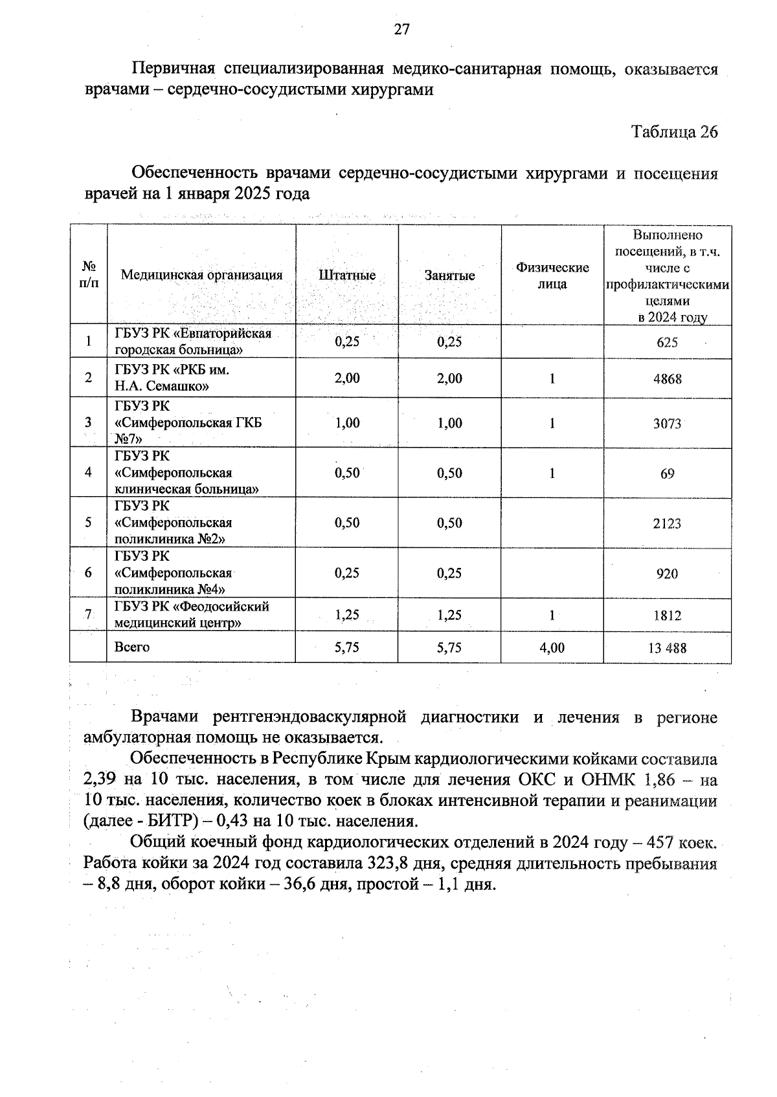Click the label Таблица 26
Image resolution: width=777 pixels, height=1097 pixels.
(674, 132)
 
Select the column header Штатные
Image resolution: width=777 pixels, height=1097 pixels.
(347, 275)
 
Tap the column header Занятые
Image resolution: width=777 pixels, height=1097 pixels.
(449, 275)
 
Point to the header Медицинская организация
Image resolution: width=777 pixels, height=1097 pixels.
(201, 275)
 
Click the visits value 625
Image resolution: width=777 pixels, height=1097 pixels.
(667, 342)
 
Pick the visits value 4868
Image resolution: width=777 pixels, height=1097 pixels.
(667, 378)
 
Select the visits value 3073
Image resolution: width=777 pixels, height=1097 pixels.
(667, 424)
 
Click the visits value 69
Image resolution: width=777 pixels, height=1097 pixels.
(667, 473)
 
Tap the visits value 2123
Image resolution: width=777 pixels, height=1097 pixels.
(667, 523)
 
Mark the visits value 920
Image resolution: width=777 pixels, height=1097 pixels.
(667, 573)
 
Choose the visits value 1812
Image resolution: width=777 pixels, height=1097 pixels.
(667, 616)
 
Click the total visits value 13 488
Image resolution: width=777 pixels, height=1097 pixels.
(667, 647)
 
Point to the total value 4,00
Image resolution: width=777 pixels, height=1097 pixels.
(552, 647)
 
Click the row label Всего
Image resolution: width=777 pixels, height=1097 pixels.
(132, 647)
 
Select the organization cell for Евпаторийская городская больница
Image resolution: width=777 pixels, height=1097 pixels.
(193, 342)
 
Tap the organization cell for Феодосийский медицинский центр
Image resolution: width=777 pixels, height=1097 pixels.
(192, 614)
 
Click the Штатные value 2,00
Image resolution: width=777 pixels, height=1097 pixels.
(347, 378)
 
